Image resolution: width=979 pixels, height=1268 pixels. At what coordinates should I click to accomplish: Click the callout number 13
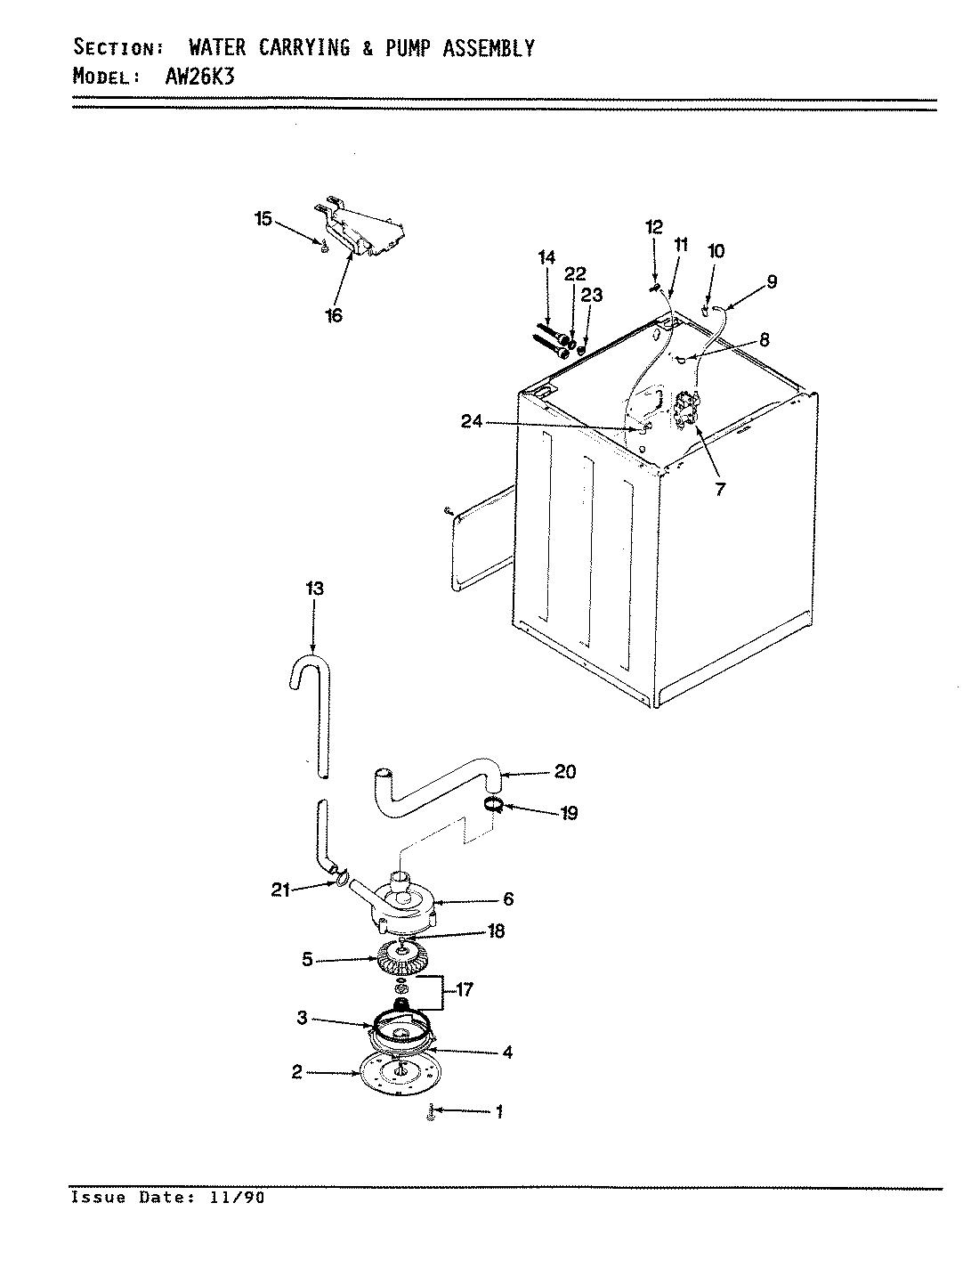pos(313,589)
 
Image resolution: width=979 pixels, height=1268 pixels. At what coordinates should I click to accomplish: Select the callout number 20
pos(565,771)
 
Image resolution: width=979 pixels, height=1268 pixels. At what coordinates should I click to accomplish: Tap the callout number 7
pos(719,487)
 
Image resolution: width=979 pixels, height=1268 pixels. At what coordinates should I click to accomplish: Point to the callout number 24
pos(471,422)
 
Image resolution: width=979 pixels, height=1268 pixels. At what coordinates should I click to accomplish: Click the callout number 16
pos(334,315)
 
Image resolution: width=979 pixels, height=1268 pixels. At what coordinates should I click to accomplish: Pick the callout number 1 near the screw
pos(499,1111)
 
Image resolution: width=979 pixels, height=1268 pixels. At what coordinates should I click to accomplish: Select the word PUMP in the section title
pos(413,48)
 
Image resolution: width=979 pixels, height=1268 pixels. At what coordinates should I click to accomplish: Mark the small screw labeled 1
pos(431,1113)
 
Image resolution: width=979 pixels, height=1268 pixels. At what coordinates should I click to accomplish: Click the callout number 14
pos(546,258)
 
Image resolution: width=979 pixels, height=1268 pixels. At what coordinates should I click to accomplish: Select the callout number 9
pos(771,281)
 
